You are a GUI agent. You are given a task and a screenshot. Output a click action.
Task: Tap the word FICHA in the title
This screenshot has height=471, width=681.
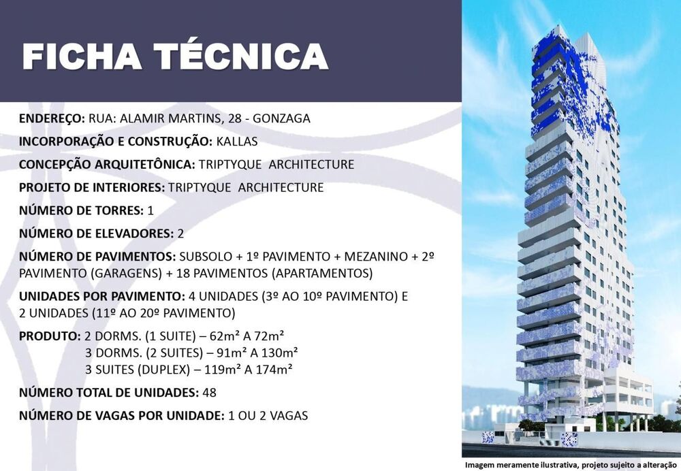pos(82,56)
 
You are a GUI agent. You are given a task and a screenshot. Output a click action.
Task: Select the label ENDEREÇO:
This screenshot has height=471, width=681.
pos(52,119)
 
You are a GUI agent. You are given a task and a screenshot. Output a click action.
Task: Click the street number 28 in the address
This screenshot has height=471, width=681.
pos(234,118)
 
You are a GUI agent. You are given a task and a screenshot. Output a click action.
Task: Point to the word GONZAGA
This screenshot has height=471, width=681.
pos(281,118)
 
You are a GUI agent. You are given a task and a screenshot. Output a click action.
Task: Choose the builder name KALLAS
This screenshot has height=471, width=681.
pos(237,142)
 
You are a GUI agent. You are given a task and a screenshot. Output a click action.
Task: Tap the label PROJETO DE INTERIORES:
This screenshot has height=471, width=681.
pos(92,188)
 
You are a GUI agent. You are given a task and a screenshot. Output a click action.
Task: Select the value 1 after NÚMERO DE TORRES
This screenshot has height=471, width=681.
pos(151,210)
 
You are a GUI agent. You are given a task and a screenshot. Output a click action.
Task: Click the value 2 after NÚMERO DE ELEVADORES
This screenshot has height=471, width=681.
pos(180,233)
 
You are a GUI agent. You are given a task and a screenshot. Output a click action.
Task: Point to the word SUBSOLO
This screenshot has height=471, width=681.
pos(206,257)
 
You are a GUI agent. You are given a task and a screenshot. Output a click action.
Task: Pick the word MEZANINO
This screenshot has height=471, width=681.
pos(376,257)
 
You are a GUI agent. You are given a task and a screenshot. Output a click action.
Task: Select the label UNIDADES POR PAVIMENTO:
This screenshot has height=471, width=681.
pos(102,297)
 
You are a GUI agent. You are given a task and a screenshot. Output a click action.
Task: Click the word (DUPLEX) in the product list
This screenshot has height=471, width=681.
pos(164,370)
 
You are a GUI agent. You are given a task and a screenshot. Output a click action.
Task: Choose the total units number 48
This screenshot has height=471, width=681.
pos(209,393)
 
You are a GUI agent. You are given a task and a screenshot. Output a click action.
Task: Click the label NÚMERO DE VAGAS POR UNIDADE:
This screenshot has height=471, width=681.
pos(122,416)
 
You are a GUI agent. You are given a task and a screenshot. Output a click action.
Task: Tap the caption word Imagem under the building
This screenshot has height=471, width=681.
pos(479,466)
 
